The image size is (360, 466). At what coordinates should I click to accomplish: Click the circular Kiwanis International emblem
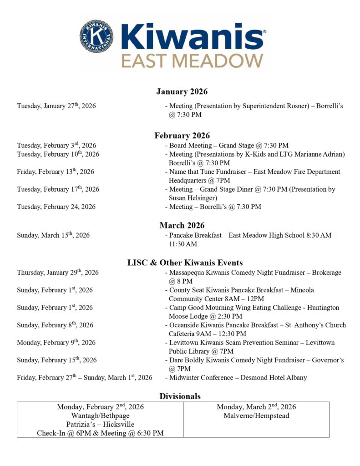[x=97, y=36]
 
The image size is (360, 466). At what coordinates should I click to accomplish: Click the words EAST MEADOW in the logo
[x=192, y=61]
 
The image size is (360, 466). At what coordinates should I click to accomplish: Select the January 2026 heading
[x=182, y=92]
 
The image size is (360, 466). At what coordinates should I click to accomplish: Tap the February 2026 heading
[x=182, y=136]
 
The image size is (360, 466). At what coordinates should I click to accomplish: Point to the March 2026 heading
[x=182, y=225]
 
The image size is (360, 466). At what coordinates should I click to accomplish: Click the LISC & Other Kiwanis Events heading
[x=184, y=263]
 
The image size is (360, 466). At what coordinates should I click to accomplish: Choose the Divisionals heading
[x=180, y=396]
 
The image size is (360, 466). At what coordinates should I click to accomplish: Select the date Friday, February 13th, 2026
[x=56, y=172]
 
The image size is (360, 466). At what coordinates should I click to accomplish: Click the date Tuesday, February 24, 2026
[x=56, y=207]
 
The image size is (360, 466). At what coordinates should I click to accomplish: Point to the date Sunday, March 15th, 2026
[x=53, y=235]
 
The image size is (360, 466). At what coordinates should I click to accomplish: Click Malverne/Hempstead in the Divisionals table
[x=256, y=415]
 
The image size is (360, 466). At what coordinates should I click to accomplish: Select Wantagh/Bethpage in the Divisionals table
[x=100, y=415]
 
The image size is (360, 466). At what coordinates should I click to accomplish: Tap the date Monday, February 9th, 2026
[x=56, y=343]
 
